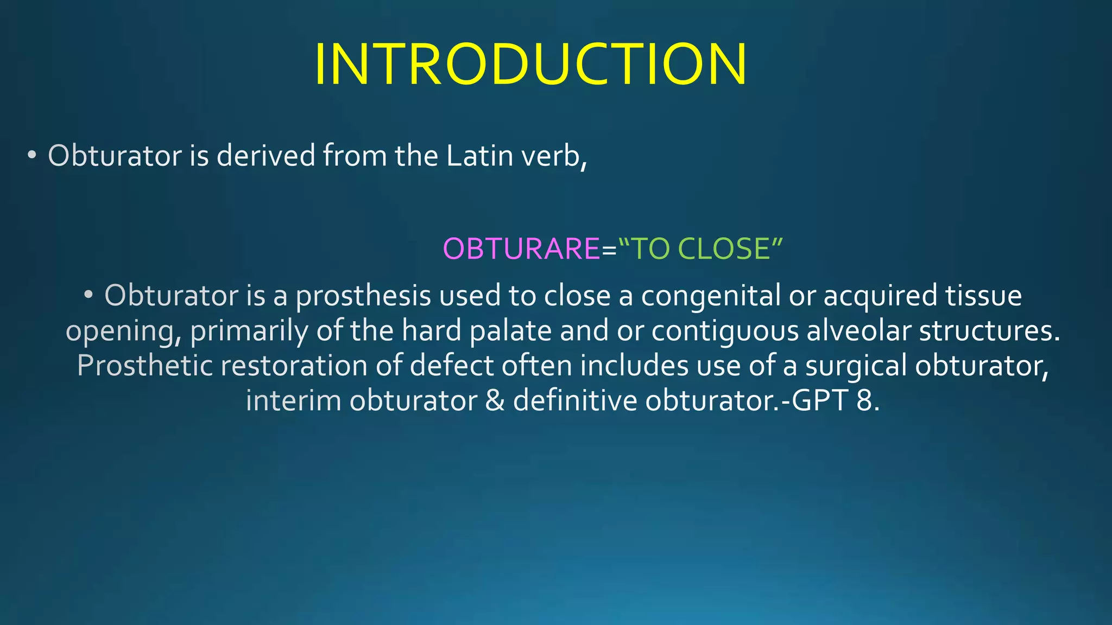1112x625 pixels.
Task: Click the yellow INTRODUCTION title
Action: click(x=530, y=65)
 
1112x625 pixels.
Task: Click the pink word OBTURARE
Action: click(x=521, y=249)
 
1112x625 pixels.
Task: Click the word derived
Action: click(x=266, y=156)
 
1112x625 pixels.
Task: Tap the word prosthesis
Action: click(x=363, y=296)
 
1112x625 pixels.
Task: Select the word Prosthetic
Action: click(x=144, y=366)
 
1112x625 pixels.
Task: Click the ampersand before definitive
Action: click(x=495, y=401)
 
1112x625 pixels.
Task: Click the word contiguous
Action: click(x=725, y=331)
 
